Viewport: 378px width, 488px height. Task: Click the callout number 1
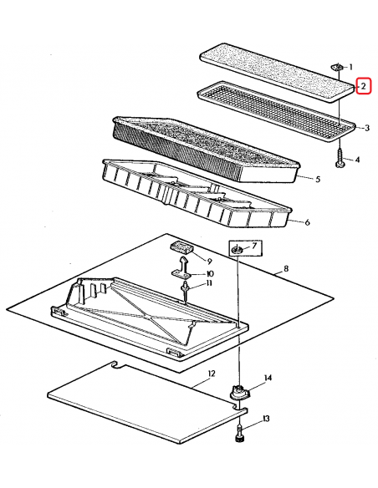(x=350, y=67)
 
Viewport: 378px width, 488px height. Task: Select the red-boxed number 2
(x=364, y=86)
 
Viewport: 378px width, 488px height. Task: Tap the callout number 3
(x=367, y=128)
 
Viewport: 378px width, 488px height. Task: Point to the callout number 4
(x=357, y=160)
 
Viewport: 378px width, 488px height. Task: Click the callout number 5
(x=318, y=180)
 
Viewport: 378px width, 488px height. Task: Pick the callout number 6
(x=307, y=222)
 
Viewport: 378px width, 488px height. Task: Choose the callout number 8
(x=286, y=268)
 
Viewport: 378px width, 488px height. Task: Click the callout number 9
(x=208, y=261)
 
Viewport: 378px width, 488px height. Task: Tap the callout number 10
(x=209, y=274)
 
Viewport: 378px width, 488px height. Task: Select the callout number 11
(x=208, y=283)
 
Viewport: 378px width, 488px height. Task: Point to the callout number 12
(x=211, y=374)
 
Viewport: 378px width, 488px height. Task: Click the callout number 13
(x=266, y=419)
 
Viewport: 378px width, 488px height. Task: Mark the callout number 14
(x=268, y=378)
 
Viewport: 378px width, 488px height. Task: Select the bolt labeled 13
(x=239, y=434)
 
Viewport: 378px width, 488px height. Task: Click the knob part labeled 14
(x=240, y=392)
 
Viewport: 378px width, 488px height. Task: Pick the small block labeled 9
(x=181, y=248)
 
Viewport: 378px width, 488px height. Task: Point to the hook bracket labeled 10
(x=183, y=267)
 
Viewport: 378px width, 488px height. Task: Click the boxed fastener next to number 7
(x=238, y=249)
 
